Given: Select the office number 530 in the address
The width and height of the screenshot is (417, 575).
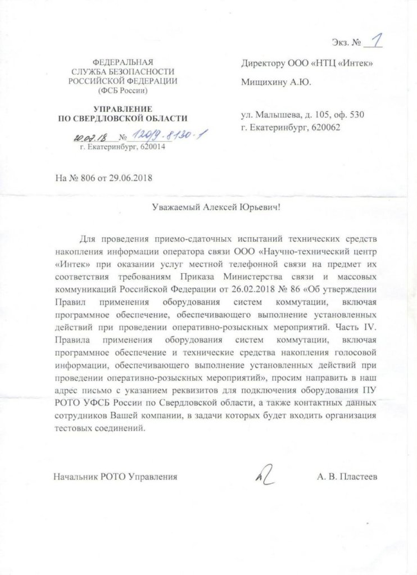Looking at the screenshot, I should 357,116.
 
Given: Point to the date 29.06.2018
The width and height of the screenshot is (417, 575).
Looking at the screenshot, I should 132,179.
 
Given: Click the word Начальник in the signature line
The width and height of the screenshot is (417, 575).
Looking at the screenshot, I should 76,477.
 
